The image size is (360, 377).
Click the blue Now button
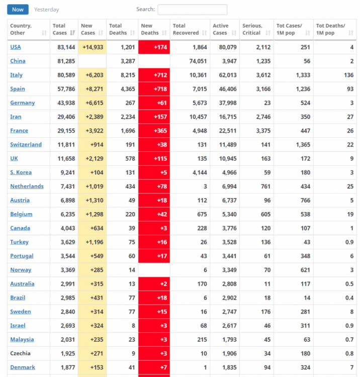[x=18, y=10]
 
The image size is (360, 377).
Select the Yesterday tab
[x=46, y=10]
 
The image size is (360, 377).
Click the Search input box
[x=192, y=10]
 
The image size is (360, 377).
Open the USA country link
[x=16, y=47]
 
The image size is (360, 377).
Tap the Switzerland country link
[x=26, y=145]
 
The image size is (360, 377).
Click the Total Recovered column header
[x=186, y=29]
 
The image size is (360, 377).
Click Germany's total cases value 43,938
[x=64, y=103]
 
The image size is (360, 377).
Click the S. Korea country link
[x=21, y=172]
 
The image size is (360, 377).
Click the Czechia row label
[x=20, y=353]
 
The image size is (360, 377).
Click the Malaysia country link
[x=22, y=340]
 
